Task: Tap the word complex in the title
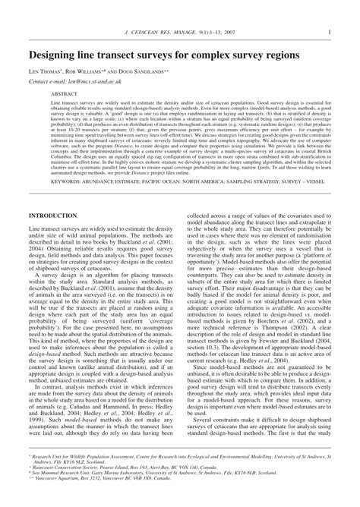220,55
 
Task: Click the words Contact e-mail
47,80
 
